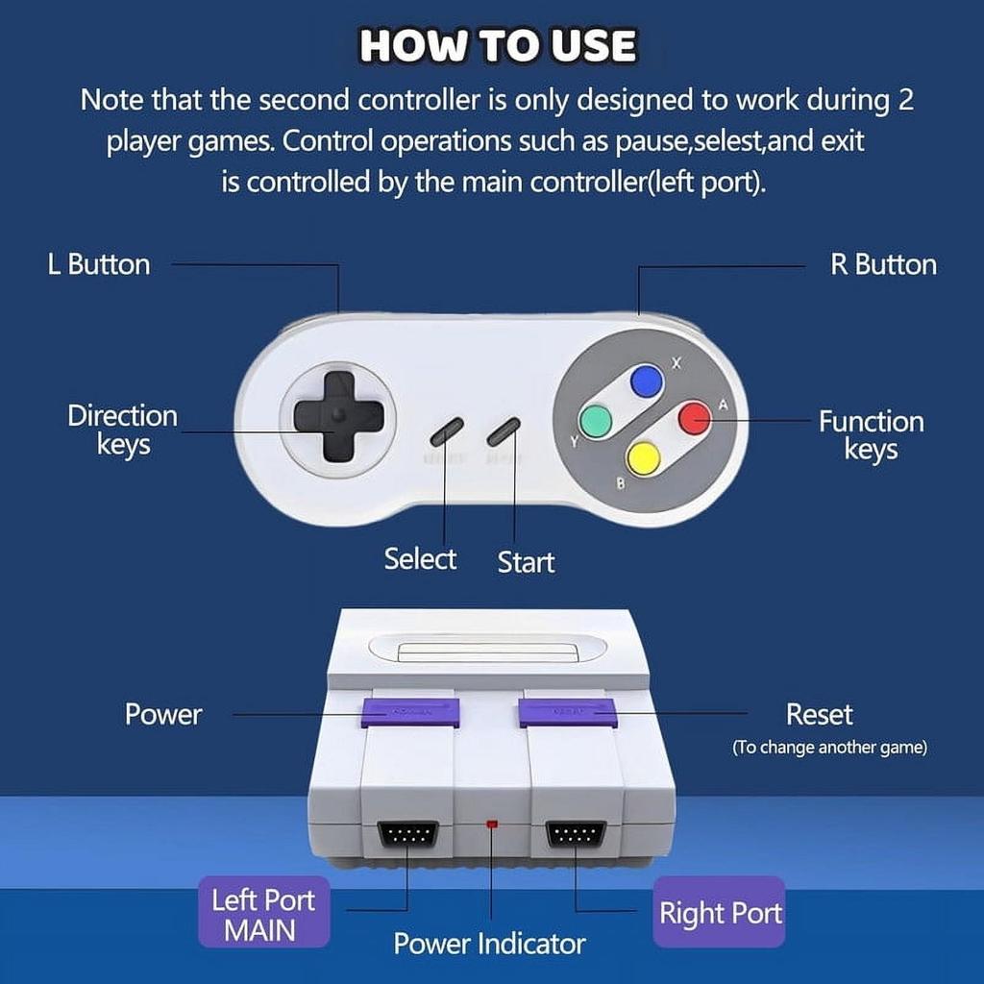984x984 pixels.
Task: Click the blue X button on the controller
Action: [647, 381]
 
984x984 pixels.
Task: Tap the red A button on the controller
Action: [694, 418]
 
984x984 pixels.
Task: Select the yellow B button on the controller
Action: [643, 457]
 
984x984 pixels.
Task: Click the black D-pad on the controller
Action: [338, 416]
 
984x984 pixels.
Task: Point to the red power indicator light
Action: [492, 824]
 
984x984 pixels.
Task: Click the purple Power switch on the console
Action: [410, 712]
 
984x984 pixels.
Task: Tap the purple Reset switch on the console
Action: [567, 712]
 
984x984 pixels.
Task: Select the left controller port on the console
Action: [407, 833]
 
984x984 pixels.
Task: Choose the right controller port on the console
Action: [576, 833]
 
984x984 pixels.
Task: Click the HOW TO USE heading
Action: [497, 46]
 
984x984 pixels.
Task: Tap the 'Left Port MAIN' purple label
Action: [263, 914]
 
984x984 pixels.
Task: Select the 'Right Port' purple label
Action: [720, 912]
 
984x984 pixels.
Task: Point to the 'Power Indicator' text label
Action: [489, 944]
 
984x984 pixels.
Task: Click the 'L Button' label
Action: [99, 264]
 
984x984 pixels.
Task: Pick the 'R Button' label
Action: [883, 264]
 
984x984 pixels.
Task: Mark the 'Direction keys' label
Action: [123, 430]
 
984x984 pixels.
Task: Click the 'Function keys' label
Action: [871, 435]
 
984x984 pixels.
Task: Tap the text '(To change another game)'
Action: [829, 748]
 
